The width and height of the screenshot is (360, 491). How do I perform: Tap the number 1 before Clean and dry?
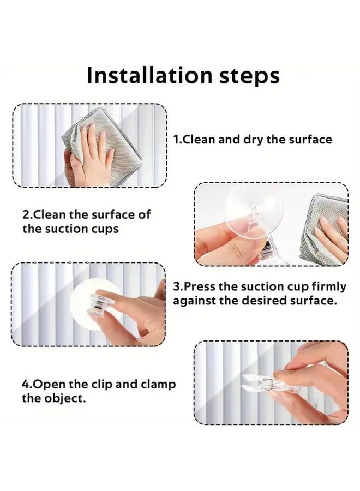point(176,139)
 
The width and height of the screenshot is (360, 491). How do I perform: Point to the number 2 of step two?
point(25,214)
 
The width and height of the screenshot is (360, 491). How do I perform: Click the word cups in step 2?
point(105,229)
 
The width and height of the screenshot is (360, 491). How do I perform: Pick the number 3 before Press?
point(176,286)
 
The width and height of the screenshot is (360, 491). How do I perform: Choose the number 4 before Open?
point(26,384)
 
